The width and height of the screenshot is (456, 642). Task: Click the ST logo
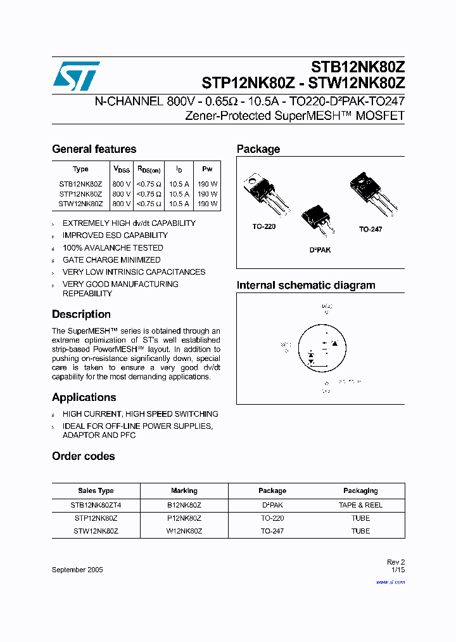76,75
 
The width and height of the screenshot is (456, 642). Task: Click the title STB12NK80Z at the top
357,67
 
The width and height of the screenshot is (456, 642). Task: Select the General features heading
94,149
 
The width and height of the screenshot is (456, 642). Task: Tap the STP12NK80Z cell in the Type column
80,194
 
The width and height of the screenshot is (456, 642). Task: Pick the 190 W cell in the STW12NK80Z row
207,204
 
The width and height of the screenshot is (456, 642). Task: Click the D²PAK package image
316,220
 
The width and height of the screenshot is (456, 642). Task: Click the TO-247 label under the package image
370,229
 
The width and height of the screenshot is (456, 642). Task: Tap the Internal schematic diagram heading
306,285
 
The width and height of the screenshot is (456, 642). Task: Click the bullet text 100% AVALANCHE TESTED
113,248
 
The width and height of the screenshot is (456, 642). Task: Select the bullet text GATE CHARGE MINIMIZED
111,260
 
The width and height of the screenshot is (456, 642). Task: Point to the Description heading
81,314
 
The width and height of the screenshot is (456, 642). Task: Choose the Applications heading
84,397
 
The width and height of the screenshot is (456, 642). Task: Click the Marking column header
184,491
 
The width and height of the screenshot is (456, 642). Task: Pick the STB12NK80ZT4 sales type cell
96,506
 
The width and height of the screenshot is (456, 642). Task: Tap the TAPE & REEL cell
360,506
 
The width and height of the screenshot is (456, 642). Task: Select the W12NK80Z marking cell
184,531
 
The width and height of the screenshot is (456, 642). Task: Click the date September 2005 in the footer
77,570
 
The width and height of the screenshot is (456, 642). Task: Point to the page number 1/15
397,570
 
